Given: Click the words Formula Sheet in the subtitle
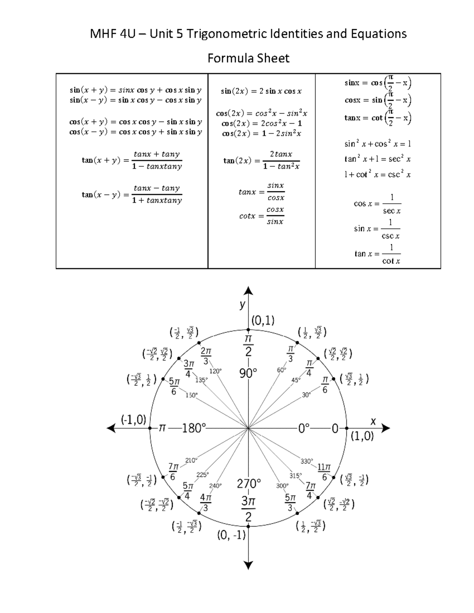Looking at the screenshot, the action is pyautogui.click(x=248, y=58).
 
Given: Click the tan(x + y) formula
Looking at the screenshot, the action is pyautogui.click(x=132, y=160).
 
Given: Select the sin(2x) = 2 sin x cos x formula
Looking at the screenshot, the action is pyautogui.click(x=261, y=91).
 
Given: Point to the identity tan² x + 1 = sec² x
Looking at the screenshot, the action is pyautogui.click(x=377, y=159).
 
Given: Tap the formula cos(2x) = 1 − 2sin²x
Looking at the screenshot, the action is pyautogui.click(x=261, y=133).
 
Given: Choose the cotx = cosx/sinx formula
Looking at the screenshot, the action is pyautogui.click(x=261, y=216).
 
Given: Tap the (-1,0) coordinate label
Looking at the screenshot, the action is pyautogui.click(x=134, y=420).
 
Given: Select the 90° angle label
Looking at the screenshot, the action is pyautogui.click(x=248, y=373).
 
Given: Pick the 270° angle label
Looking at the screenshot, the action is pyautogui.click(x=249, y=483).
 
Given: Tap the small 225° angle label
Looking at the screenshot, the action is pyautogui.click(x=202, y=475).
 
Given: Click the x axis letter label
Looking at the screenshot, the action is pyautogui.click(x=373, y=421).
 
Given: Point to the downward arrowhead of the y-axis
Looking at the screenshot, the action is pyautogui.click(x=248, y=565).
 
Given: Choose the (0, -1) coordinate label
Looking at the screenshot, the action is pyautogui.click(x=231, y=535).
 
